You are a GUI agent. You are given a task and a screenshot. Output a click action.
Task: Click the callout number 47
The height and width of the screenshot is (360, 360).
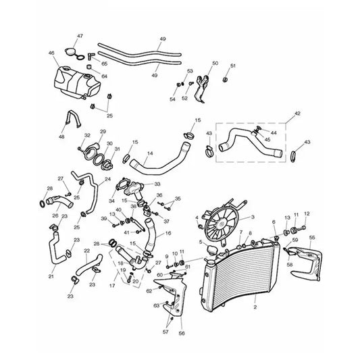click(x=80, y=36)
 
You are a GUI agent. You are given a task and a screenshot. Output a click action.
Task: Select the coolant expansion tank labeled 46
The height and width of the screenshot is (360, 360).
click(x=77, y=82)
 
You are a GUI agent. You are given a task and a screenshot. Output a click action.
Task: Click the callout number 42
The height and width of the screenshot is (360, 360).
click(x=297, y=113)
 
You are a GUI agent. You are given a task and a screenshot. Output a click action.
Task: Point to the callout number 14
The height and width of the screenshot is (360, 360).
click(x=150, y=153)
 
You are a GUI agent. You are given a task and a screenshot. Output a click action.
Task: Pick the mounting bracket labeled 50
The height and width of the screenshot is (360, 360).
click(x=202, y=89)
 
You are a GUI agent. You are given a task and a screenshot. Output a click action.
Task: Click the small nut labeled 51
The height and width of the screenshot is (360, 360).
click(x=225, y=80)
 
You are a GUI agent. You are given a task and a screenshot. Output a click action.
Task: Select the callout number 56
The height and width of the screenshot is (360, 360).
click(x=182, y=333)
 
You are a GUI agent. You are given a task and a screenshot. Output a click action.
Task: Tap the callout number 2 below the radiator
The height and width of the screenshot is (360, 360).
click(x=255, y=307)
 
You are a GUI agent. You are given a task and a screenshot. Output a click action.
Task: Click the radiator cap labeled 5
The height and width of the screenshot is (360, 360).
click(x=211, y=250)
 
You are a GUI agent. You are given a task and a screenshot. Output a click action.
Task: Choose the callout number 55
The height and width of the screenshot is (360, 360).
click(x=312, y=238)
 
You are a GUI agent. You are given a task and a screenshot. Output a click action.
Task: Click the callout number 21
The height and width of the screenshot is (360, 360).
click(x=51, y=276)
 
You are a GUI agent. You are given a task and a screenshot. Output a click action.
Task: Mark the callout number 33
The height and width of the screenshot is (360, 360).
click(x=157, y=184)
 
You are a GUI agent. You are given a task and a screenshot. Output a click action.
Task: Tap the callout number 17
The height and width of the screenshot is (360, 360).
click(x=112, y=286)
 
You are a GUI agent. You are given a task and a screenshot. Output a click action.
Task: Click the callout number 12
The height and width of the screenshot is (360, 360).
click(x=307, y=213)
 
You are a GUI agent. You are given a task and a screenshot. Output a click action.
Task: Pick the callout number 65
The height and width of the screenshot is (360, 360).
click(x=105, y=63)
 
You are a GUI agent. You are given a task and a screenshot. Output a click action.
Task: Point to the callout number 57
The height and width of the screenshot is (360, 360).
click(x=165, y=332)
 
